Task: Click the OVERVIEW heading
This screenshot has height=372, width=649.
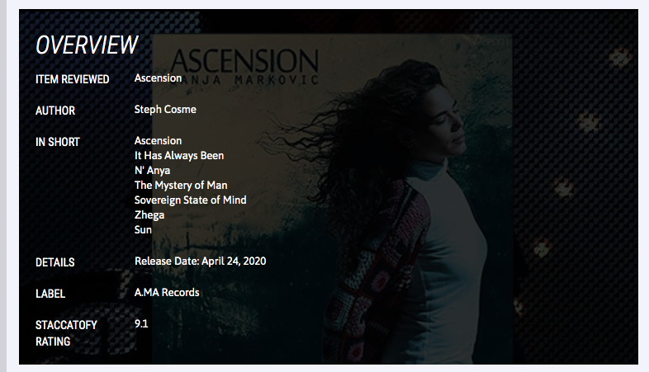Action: pos(87,45)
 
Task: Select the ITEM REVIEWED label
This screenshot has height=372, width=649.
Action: pos(73,79)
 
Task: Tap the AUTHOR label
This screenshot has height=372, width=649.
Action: pos(55,111)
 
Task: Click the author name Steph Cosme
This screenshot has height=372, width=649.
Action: pos(165,110)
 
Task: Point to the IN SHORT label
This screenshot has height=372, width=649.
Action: pos(58,142)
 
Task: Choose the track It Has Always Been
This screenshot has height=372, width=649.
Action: pos(179,156)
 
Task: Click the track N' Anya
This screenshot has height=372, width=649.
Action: pos(152,170)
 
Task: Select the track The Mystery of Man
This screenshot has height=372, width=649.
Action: pos(181,185)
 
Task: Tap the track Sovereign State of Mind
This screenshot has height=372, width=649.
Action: pos(190,200)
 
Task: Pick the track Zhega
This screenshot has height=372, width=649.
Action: pos(149,215)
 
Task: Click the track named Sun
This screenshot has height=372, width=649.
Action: pos(143,230)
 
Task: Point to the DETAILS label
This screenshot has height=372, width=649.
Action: pos(55,262)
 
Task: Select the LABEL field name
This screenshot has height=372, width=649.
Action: pos(50,294)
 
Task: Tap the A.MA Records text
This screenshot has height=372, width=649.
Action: pos(167,293)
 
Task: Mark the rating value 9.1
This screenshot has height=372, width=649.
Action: pos(141,323)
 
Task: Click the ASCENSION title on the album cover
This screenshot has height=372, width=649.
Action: pos(244,61)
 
